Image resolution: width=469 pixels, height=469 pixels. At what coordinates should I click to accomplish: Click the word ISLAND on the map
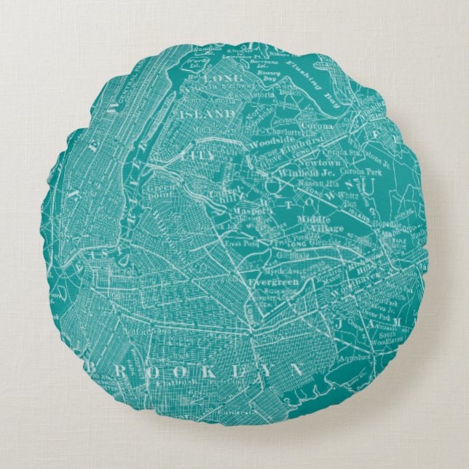pos(208,114)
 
